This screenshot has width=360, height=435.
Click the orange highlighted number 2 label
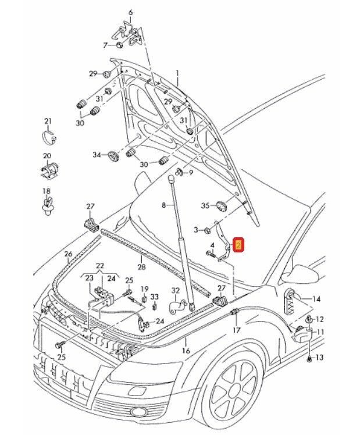238,245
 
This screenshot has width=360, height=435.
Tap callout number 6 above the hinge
130,12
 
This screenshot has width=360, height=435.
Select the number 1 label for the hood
178,73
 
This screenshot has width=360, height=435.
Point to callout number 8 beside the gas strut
164,205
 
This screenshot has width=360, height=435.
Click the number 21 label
48,121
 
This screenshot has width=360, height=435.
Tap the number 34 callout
97,155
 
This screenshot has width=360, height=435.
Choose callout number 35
205,206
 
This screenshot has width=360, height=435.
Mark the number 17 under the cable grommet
236,330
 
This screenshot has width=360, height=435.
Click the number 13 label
319,358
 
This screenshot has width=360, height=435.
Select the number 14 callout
316,299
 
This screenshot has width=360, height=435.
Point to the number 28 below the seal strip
141,267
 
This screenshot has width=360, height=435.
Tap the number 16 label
186,351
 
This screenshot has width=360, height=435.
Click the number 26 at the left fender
68,254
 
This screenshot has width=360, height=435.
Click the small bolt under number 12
309,319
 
